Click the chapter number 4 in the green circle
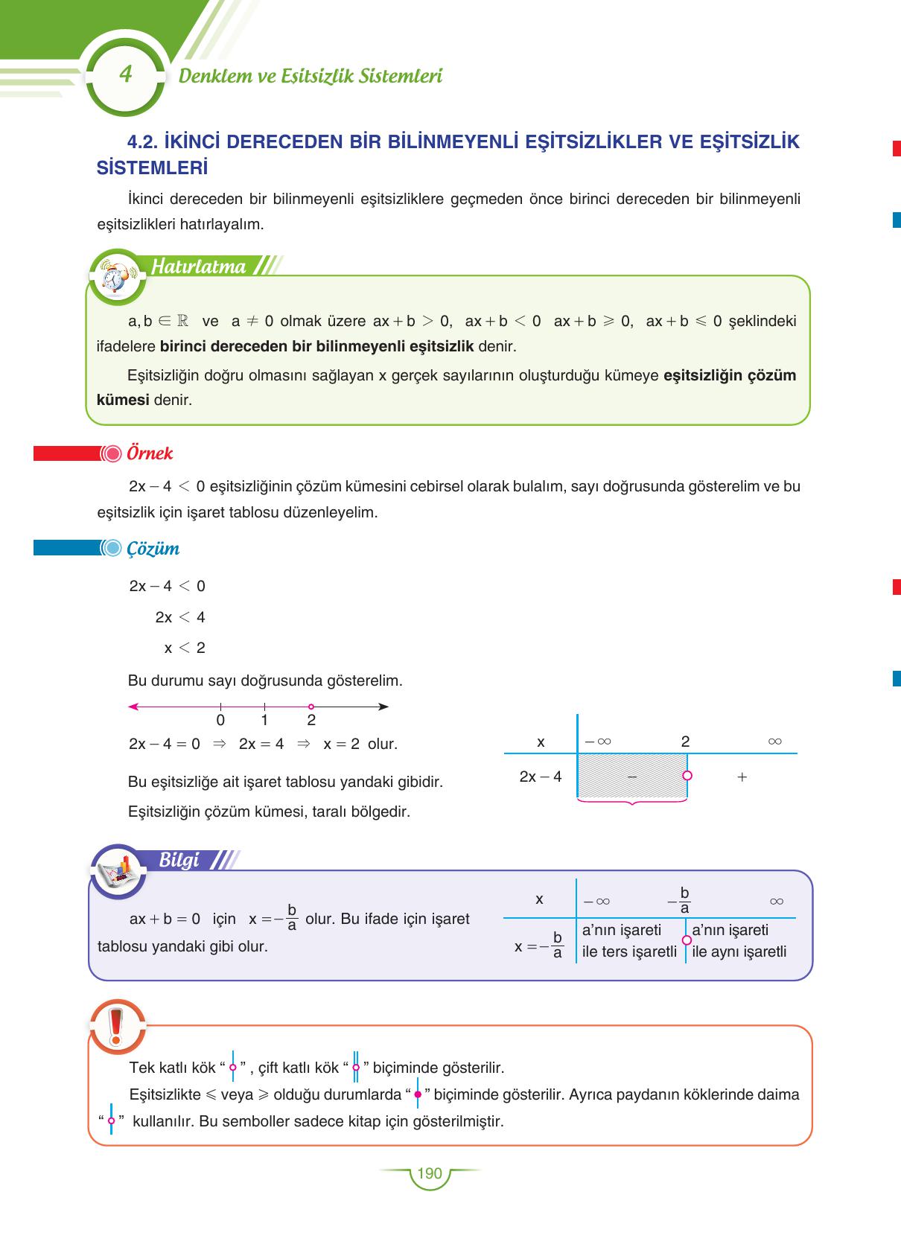click(x=125, y=74)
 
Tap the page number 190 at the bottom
click(x=430, y=1174)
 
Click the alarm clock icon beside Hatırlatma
click(x=115, y=276)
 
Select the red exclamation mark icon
click(x=116, y=1025)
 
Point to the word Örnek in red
click(x=150, y=453)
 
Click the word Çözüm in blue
click(x=153, y=549)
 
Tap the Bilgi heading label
click(x=179, y=861)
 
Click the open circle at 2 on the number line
click(x=311, y=707)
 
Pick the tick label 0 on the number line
click(x=220, y=721)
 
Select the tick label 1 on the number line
click(x=264, y=721)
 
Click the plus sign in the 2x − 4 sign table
click(x=742, y=777)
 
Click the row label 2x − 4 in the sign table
click(x=541, y=777)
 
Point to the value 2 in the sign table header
click(x=685, y=742)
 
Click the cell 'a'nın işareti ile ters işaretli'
click(x=629, y=941)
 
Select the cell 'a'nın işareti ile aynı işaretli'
click(x=739, y=941)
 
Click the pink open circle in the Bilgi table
click(x=687, y=940)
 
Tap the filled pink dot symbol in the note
click(x=418, y=1094)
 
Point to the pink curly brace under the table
click(x=631, y=803)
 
